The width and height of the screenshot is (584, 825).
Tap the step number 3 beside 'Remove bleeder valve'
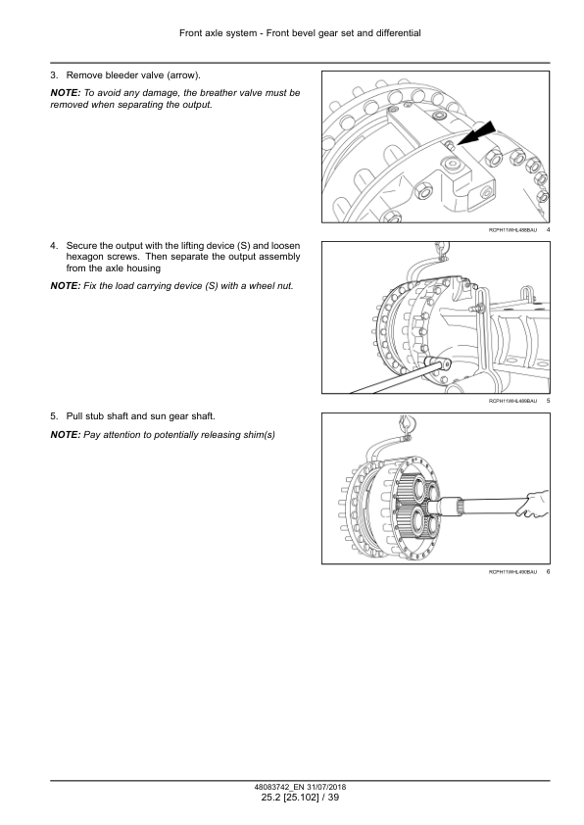tap(54, 75)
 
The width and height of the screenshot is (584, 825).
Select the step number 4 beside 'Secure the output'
tap(54, 246)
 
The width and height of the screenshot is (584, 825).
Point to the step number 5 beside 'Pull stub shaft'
tap(54, 416)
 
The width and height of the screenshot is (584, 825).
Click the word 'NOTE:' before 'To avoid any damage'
tap(66, 93)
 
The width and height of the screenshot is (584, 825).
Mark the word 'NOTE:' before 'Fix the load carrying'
tap(66, 286)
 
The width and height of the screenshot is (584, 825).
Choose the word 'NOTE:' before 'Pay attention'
tap(66, 435)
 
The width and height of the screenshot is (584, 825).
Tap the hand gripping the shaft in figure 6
tap(532, 504)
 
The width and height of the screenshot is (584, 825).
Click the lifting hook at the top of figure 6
tap(404, 422)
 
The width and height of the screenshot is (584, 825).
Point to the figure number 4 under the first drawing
tap(548, 230)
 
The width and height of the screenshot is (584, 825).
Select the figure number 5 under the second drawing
tap(548, 401)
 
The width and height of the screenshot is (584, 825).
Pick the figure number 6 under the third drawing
tap(548, 572)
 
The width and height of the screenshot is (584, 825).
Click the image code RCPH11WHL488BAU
tap(513, 230)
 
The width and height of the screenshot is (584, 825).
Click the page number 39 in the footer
tap(333, 798)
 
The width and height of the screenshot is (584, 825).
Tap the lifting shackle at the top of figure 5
tap(440, 252)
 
